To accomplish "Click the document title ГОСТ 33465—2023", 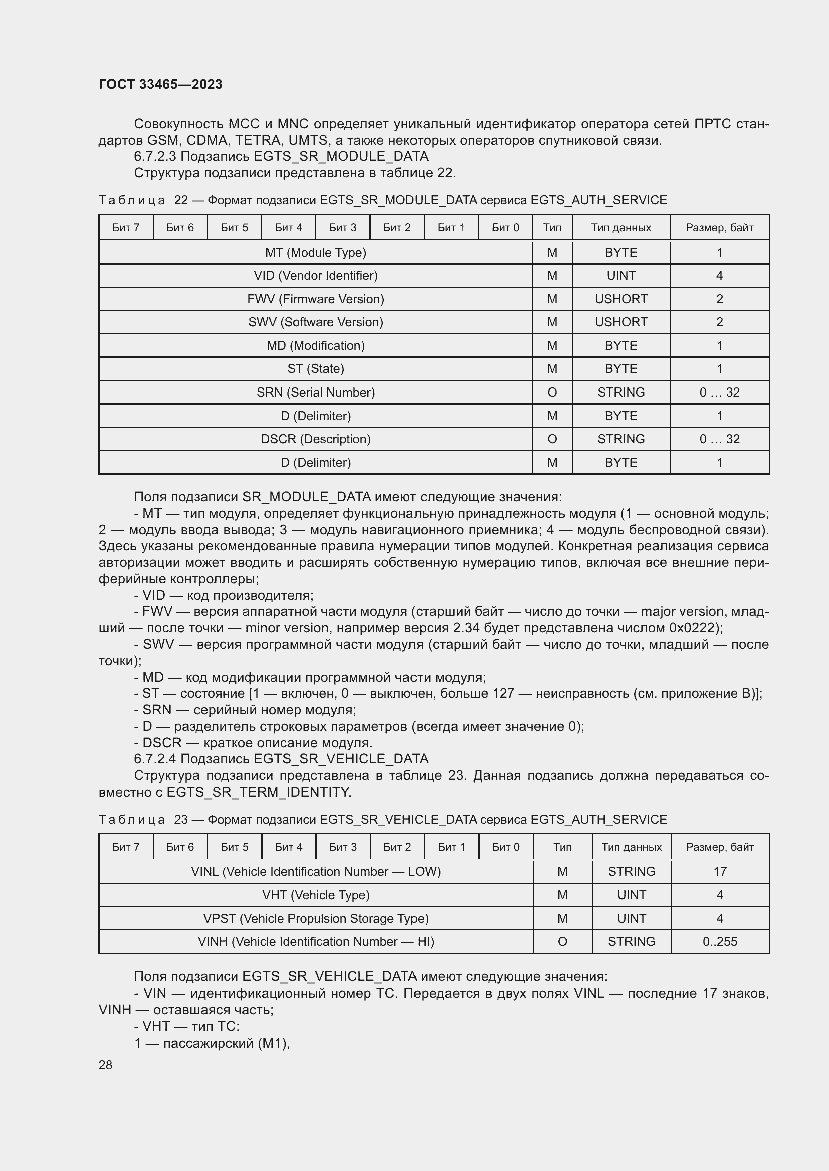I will tap(160, 84).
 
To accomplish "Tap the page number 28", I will tap(105, 1065).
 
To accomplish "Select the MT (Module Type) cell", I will tap(315, 252).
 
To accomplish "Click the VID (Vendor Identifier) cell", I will tap(315, 276).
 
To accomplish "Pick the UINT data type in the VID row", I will tap(620, 276).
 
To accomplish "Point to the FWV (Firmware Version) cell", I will tap(315, 299).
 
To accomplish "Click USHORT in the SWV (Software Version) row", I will tap(620, 322).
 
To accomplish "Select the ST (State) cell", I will tap(315, 369).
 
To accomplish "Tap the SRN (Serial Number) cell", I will tap(315, 392).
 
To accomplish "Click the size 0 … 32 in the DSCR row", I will tap(719, 439).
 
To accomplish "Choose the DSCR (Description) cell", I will tap(315, 439).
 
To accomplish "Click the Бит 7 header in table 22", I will tap(126, 227).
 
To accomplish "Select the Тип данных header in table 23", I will tap(632, 847).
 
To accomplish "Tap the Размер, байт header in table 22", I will tap(719, 227).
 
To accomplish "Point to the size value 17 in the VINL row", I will tap(720, 871).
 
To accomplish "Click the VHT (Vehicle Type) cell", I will tap(315, 895).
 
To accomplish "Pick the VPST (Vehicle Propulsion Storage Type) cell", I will tap(315, 918).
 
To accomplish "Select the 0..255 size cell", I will tap(720, 942).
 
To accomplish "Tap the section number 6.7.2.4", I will tap(155, 759).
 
